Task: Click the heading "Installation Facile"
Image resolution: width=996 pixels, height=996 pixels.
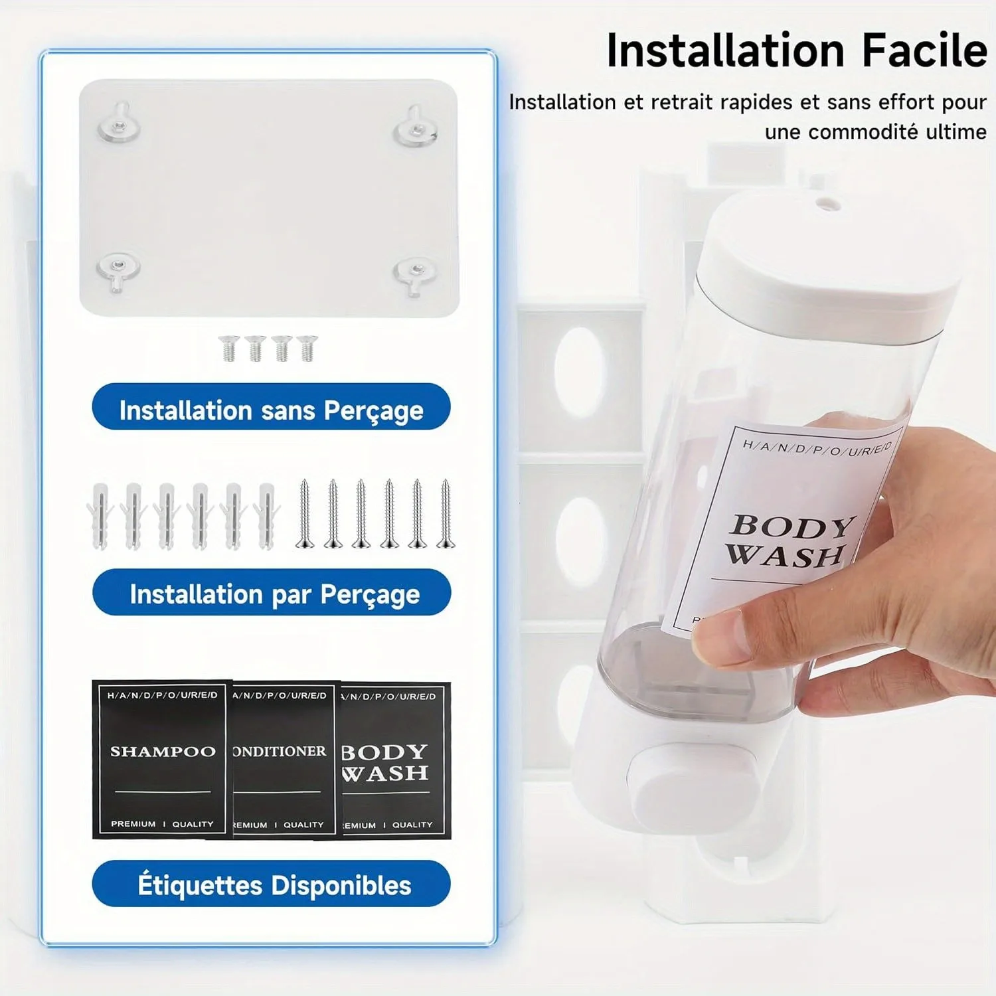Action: click(797, 51)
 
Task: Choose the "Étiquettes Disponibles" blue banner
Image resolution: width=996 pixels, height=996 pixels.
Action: click(272, 884)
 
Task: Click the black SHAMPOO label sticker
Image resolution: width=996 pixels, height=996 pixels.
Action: click(161, 759)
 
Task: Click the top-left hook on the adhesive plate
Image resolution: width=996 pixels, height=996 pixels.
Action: click(120, 123)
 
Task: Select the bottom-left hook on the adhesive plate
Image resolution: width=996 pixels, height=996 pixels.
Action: click(118, 269)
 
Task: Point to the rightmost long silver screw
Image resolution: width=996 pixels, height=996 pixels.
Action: click(446, 515)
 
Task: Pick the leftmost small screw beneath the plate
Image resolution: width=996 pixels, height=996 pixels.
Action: click(229, 348)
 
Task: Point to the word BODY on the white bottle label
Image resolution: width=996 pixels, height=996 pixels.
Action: click(791, 526)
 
